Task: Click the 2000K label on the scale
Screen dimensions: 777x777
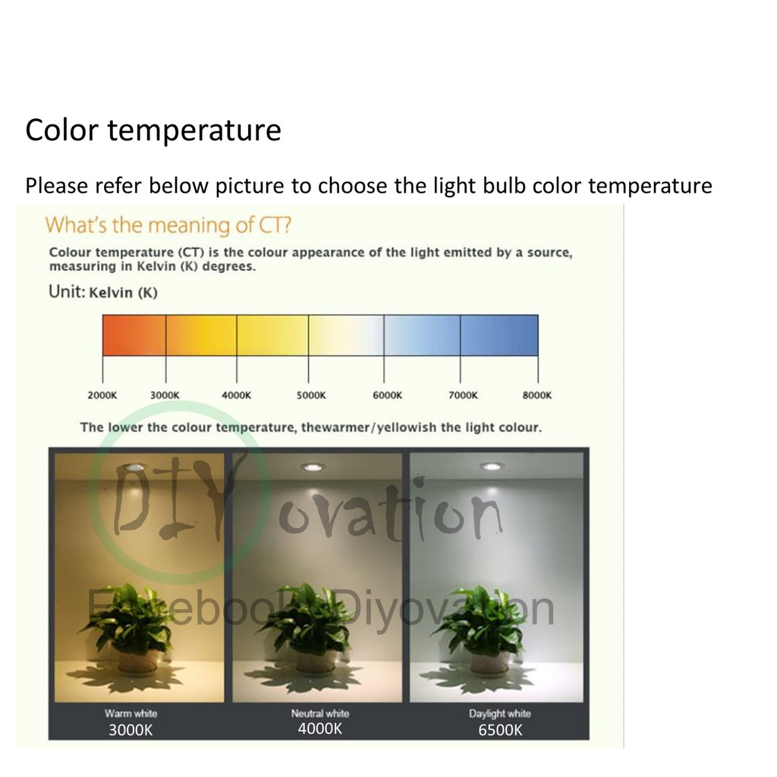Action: click(x=102, y=395)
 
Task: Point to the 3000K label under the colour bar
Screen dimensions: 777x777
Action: click(x=165, y=395)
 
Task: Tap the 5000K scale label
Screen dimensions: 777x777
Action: click(x=311, y=395)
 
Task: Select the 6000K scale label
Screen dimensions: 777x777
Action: click(x=388, y=395)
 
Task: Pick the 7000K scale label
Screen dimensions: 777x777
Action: click(x=463, y=395)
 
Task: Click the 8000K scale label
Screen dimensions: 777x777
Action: click(x=536, y=395)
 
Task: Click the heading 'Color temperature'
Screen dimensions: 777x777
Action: click(x=153, y=131)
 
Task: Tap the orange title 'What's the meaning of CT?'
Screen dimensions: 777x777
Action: click(x=168, y=225)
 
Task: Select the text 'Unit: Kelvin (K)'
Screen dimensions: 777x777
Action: click(x=103, y=291)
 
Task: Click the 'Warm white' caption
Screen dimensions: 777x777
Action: click(x=131, y=713)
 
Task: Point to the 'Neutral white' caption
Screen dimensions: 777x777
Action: click(x=320, y=713)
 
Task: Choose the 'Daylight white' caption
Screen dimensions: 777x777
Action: click(x=500, y=713)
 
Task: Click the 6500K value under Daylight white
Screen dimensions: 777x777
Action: click(x=500, y=730)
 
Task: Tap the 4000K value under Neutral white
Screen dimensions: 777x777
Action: click(x=320, y=729)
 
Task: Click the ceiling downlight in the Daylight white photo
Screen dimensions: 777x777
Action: click(x=491, y=467)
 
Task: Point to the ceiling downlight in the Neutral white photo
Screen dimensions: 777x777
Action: click(x=313, y=467)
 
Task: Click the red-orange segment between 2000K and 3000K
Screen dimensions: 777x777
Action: click(x=134, y=335)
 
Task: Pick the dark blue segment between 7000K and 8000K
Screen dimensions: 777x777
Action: click(x=499, y=335)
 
